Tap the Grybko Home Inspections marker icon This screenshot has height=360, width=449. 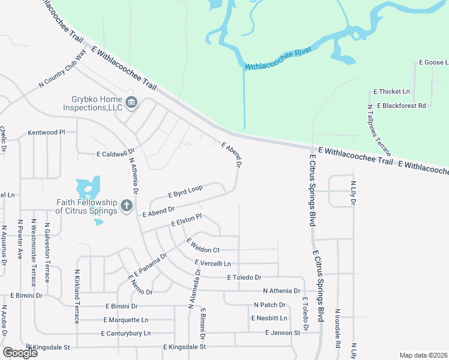(131, 103)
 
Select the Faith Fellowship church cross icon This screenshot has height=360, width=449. (126, 206)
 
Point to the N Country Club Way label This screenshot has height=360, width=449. (62, 74)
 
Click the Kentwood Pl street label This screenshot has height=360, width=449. (46, 132)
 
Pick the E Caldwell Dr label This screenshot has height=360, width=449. (116, 154)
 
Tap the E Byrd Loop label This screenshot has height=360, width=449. (185, 191)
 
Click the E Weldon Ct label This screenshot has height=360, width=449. (203, 245)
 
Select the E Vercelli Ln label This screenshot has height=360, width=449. (212, 263)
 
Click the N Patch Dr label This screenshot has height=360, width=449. (268, 305)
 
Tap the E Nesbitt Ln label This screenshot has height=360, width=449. (270, 318)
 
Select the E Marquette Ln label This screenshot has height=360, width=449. (125, 320)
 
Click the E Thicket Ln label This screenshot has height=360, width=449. (391, 92)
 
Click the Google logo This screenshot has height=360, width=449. (20, 353)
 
